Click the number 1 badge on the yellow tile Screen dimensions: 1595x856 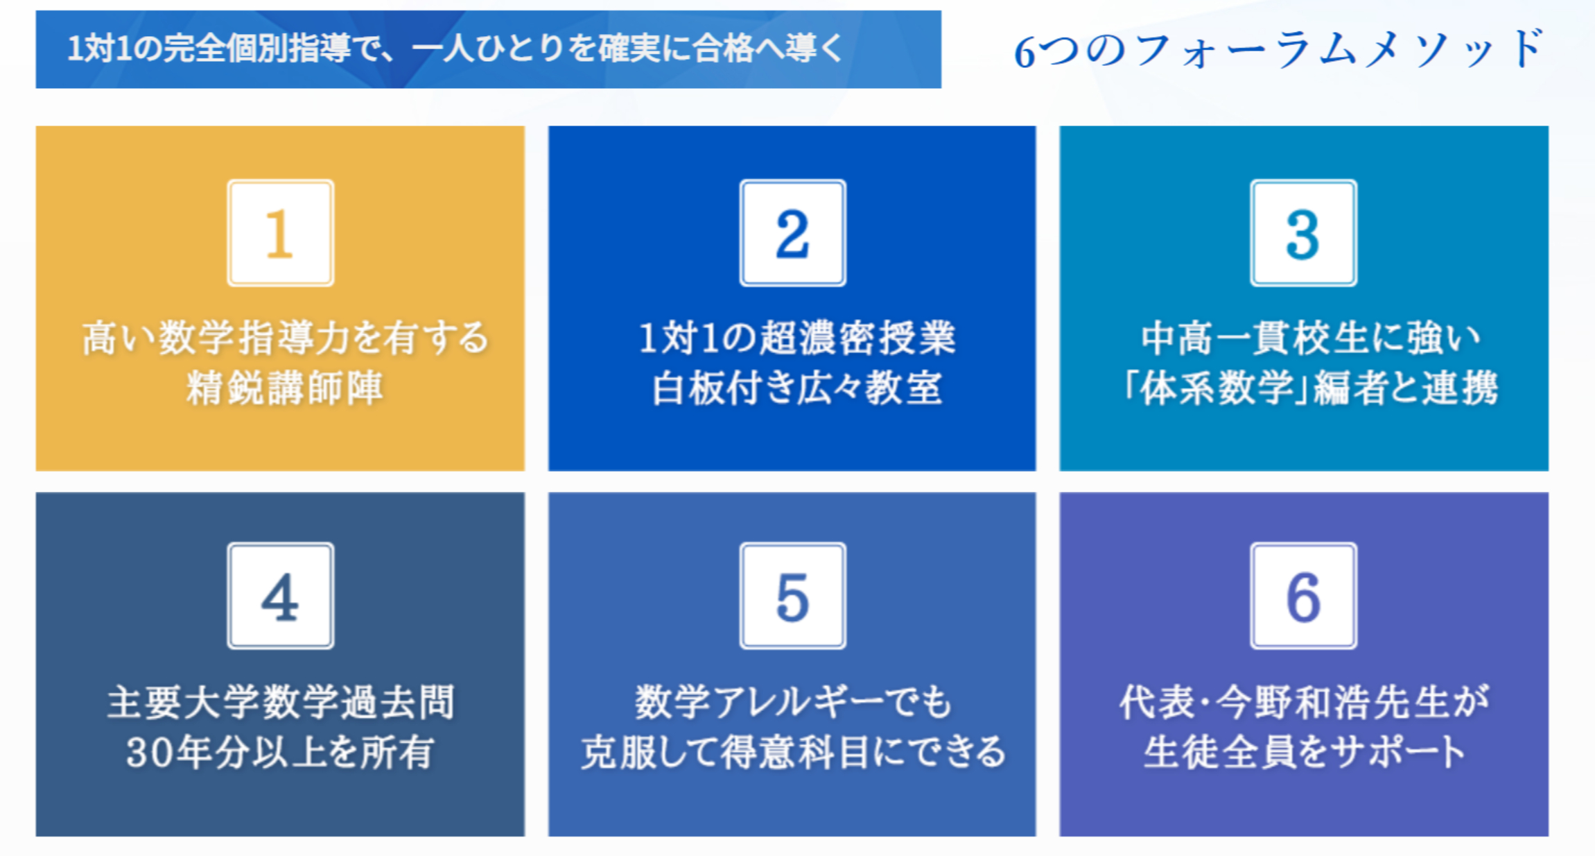281,233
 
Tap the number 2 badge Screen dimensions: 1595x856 792,233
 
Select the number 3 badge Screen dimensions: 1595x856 1303,233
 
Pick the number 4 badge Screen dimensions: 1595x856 281,596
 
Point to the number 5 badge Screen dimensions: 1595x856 792,596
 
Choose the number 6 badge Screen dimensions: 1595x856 1303,596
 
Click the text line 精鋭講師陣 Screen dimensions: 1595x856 284,388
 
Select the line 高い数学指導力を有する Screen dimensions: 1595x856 285,339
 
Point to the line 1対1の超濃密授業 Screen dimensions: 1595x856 797,339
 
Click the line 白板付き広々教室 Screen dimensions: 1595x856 797,388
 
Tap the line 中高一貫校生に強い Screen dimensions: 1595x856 1310,339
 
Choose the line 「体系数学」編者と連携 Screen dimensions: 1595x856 1310,388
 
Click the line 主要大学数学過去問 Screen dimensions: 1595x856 281,702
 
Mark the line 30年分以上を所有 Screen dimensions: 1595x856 281,752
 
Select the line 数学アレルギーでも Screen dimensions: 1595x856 794,702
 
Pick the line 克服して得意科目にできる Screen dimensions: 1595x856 794,752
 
